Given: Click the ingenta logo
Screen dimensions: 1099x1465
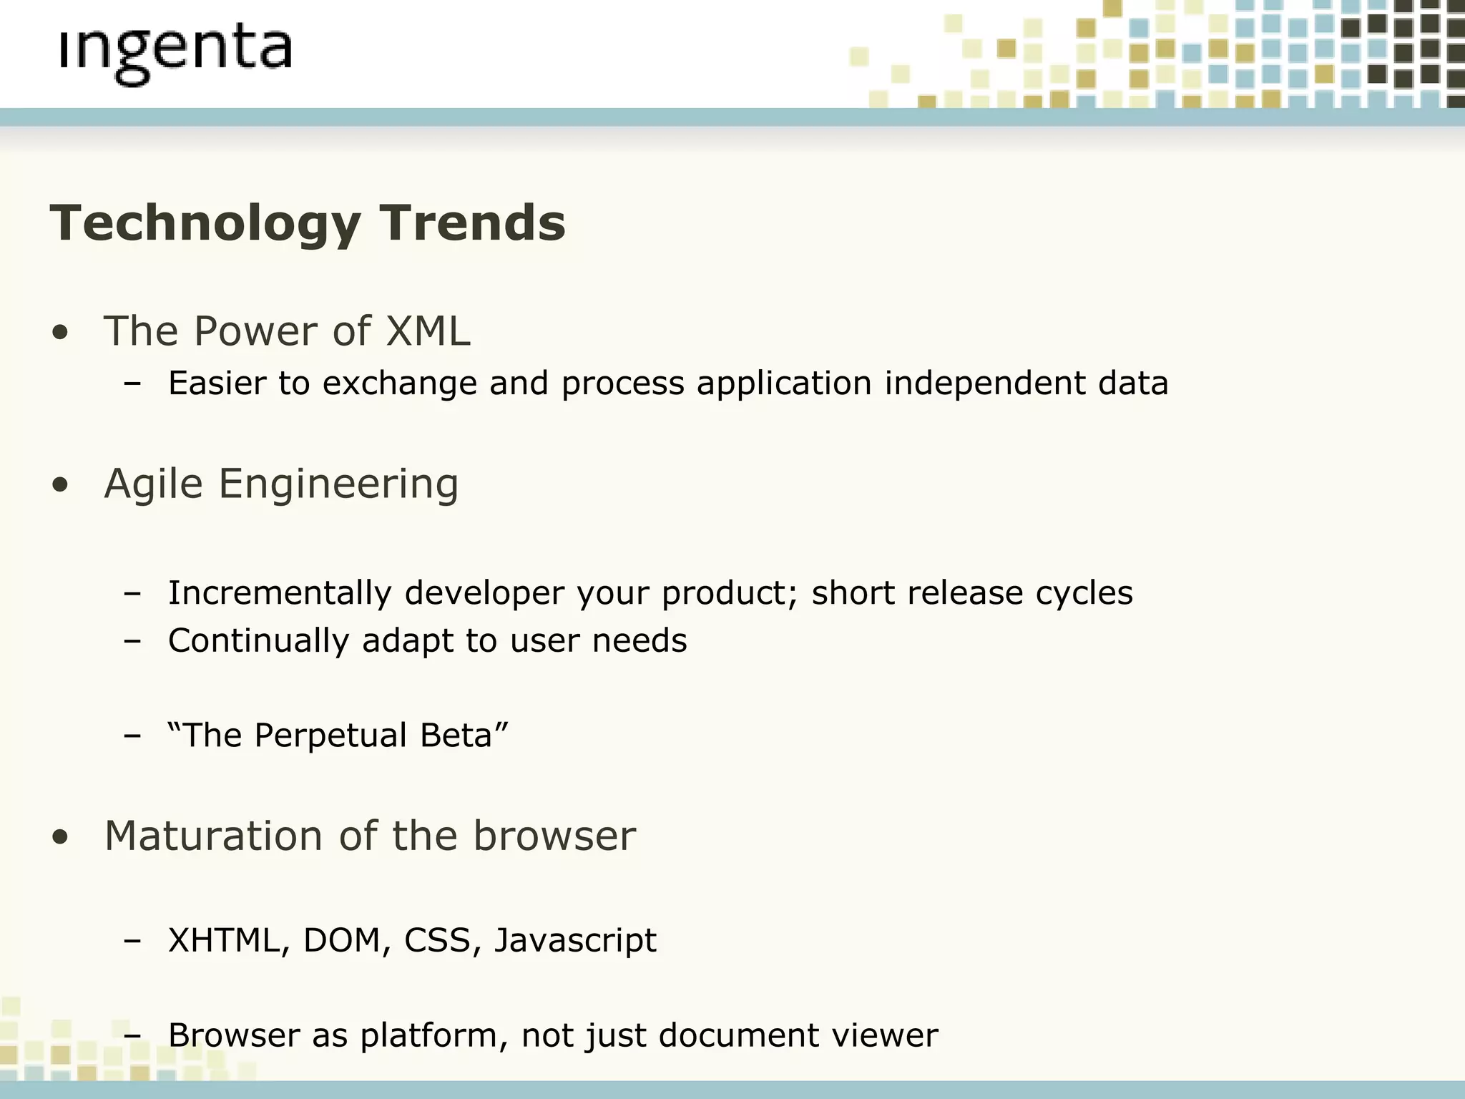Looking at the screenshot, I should (x=175, y=54).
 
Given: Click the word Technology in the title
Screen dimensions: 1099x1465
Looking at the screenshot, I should (x=205, y=224).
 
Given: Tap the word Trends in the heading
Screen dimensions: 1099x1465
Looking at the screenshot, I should (x=472, y=223).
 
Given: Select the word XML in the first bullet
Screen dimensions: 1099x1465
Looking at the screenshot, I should (x=428, y=331).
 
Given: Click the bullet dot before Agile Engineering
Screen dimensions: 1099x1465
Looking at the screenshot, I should (x=61, y=485).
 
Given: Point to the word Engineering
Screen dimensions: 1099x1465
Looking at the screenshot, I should (x=338, y=485).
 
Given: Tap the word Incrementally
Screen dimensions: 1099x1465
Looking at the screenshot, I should (x=280, y=593).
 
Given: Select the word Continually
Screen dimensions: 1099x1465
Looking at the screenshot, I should (x=258, y=640).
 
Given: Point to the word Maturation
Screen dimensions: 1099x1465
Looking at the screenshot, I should (x=213, y=836).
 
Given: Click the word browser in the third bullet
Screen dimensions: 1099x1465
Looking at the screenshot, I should (x=554, y=836).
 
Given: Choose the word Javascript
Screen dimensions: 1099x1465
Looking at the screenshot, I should (x=575, y=941).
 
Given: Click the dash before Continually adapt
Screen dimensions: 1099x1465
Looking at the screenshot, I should (x=132, y=641).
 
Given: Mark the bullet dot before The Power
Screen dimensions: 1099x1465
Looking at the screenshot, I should (x=61, y=333).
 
